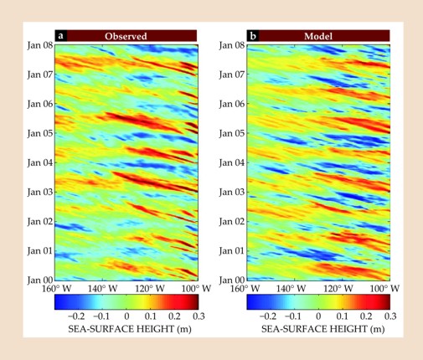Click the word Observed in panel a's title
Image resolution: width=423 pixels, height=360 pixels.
126,36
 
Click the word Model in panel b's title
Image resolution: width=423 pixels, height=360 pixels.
318,36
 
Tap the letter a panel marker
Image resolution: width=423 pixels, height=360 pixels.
60,36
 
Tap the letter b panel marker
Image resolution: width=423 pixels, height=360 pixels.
253,36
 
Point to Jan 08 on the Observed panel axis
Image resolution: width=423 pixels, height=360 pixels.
40,45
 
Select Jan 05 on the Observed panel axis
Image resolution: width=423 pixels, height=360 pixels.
40,133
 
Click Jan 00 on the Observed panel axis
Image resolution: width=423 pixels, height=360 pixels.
40,280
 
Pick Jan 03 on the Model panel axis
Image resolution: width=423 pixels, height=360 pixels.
232,192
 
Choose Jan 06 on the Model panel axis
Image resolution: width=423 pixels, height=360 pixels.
232,104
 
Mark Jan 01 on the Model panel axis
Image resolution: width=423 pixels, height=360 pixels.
232,251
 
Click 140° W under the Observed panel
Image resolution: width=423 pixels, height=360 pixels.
102,288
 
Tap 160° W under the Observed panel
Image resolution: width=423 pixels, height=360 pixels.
56,288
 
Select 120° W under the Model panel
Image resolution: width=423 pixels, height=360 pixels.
338,288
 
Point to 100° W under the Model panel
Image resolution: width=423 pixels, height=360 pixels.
384,288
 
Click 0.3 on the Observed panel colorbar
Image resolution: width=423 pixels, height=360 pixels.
199,316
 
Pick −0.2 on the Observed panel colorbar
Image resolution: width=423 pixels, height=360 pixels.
76,316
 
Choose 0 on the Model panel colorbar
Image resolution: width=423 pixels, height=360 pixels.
318,316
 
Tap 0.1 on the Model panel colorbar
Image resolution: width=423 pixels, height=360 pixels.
342,316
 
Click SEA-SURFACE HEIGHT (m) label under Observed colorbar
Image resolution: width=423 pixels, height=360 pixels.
130,329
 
